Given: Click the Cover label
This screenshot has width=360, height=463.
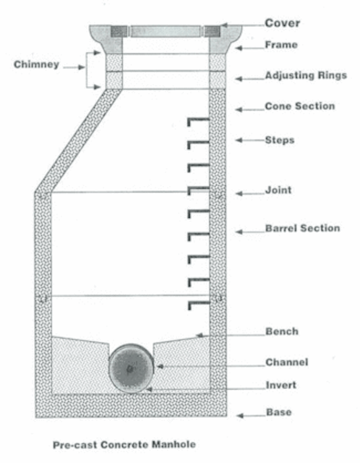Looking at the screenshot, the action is point(282,23).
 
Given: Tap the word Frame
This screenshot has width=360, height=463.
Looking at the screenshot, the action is point(281,45).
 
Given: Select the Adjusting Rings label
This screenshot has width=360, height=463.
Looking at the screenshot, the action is point(306,75).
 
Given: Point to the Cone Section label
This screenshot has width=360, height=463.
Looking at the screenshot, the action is point(300,106).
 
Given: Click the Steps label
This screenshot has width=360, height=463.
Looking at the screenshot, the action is point(280,140).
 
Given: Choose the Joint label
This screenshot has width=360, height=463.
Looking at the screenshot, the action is point(278,190).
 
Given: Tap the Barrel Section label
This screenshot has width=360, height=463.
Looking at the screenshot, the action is point(302,228).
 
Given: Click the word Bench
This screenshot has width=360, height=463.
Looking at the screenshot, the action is point(282,331).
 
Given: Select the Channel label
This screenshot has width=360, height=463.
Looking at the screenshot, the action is point(286,362).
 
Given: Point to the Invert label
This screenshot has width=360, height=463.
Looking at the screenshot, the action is point(281,385).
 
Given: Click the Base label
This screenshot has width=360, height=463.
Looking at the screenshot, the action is point(279,412).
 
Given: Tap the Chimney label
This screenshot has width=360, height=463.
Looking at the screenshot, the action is point(36,64).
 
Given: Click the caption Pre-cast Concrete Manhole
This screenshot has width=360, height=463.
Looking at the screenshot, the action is point(124,444).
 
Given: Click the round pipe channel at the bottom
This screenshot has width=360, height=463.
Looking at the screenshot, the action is point(132,368).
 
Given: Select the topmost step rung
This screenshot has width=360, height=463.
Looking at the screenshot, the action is point(198,122).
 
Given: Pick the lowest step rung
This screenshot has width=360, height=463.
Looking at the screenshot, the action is point(199,305).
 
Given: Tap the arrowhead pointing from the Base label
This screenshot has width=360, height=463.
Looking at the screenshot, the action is point(239,416).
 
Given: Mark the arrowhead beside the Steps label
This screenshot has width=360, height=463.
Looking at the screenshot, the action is point(239,140).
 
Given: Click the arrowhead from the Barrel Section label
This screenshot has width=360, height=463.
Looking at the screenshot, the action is point(239,231).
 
